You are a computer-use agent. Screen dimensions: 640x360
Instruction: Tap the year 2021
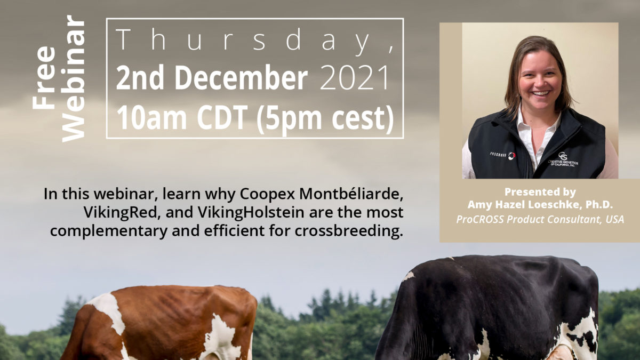tap(355, 77)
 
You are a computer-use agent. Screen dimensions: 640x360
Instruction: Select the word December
tap(241, 77)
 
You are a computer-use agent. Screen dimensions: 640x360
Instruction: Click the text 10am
tap(151, 118)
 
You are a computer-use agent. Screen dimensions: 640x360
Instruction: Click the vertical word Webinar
tap(73, 79)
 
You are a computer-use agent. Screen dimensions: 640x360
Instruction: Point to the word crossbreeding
tap(349, 231)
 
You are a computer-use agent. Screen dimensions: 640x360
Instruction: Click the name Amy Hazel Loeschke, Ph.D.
tap(540, 204)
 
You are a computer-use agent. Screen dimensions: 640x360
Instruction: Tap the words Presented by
tap(540, 192)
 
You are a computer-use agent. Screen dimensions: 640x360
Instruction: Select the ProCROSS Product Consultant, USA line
tap(540, 219)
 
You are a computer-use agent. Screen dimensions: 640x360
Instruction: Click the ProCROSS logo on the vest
tap(502, 155)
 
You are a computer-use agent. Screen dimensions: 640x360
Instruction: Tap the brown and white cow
tap(160, 323)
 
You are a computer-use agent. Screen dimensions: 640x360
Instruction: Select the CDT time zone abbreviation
tap(222, 118)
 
